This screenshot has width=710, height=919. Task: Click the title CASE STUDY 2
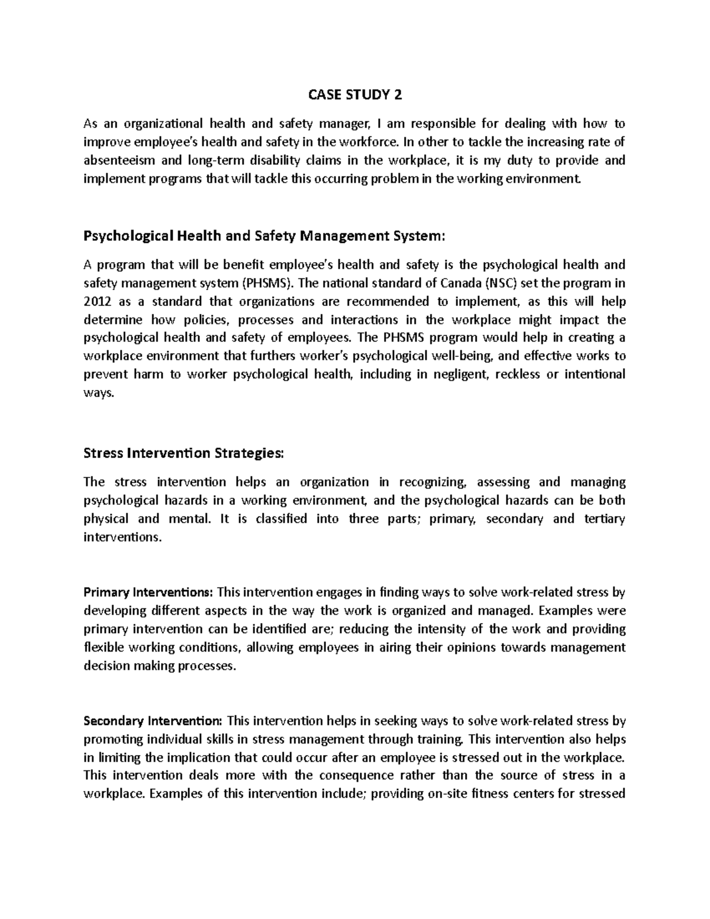pos(355,95)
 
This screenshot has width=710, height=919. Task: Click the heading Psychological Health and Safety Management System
pos(263,236)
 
